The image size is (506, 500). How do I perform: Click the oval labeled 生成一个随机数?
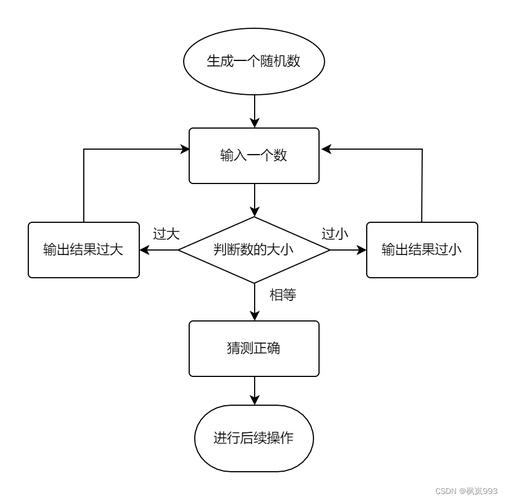[x=253, y=62]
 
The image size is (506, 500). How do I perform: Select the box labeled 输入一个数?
[x=253, y=156]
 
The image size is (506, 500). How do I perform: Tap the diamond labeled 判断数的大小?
[x=253, y=249]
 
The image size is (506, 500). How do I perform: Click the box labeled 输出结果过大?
[x=82, y=249]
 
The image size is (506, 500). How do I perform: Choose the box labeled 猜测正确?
[x=253, y=348]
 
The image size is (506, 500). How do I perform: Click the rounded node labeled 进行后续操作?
[x=253, y=438]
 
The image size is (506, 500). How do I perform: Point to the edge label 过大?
[x=166, y=234]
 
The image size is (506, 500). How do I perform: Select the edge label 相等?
[x=282, y=295]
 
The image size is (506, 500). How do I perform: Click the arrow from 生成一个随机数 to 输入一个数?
[x=253, y=110]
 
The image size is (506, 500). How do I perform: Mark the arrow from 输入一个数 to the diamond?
[x=253, y=199]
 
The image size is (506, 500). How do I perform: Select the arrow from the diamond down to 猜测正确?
[x=253, y=301]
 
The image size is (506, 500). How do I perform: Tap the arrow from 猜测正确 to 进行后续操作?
[x=253, y=389]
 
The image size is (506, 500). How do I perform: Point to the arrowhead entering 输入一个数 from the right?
[x=325, y=151]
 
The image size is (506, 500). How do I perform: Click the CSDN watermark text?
[x=467, y=491]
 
